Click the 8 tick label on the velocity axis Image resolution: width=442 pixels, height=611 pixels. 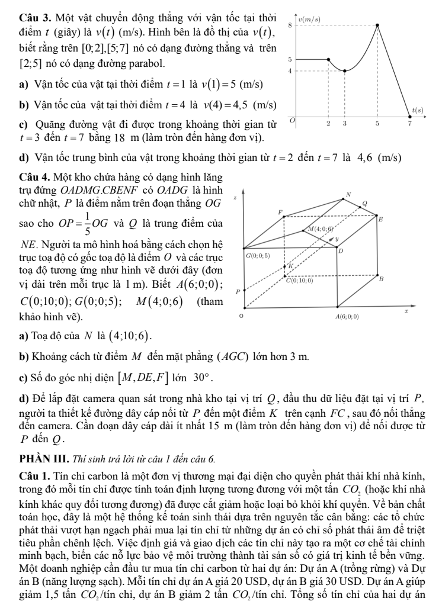tap(289, 25)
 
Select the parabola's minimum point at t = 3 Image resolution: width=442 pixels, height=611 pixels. tap(344, 70)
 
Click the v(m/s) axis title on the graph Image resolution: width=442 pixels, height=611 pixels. tap(308, 19)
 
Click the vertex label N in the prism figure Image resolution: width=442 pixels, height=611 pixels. tap(348, 194)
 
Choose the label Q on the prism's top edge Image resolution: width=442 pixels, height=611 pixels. tap(365, 204)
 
